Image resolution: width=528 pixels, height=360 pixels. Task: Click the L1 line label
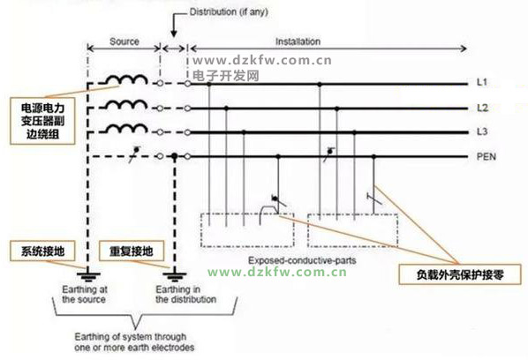(x=482, y=82)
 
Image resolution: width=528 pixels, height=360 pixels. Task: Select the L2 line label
(x=482, y=108)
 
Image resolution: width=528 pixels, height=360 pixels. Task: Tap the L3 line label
(x=482, y=131)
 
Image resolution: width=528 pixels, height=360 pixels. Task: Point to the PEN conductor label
(x=487, y=156)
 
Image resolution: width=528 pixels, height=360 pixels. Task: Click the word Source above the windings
(x=124, y=41)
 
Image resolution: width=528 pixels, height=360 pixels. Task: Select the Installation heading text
(x=298, y=41)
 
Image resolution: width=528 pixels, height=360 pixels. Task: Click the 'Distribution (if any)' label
(x=229, y=12)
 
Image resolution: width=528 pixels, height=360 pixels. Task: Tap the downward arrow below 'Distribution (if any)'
(x=174, y=26)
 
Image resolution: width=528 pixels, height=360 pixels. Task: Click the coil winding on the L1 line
(x=127, y=79)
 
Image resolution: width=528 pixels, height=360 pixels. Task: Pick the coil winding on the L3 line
(x=127, y=128)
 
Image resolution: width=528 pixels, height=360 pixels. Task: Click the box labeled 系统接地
(x=42, y=251)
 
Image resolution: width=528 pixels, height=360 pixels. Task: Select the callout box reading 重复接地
(x=132, y=251)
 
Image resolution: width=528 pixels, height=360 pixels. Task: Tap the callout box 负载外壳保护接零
(x=460, y=274)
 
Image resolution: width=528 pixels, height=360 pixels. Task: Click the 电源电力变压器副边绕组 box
(x=42, y=121)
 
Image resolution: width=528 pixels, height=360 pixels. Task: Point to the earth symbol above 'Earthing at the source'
(x=88, y=276)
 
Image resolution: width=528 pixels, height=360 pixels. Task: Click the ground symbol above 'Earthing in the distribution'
(x=175, y=276)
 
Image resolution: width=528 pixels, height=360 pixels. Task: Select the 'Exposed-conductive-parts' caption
(x=302, y=260)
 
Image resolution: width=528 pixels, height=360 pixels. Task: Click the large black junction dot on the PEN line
(x=175, y=156)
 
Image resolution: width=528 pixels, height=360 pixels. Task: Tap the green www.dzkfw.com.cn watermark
(x=276, y=272)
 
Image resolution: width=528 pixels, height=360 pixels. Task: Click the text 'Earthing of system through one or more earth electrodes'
(x=134, y=341)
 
